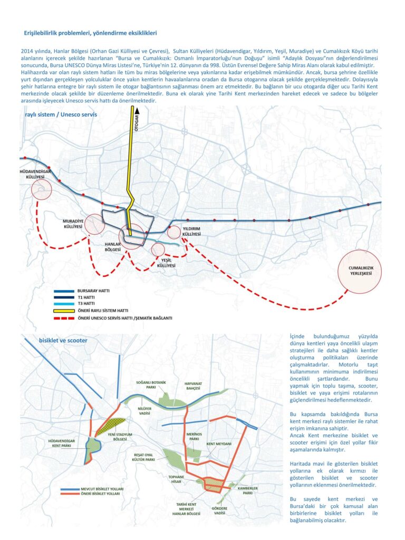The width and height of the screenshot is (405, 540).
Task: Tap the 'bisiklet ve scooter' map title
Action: click(x=63, y=340)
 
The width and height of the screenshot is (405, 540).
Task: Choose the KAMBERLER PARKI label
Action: click(x=248, y=490)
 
